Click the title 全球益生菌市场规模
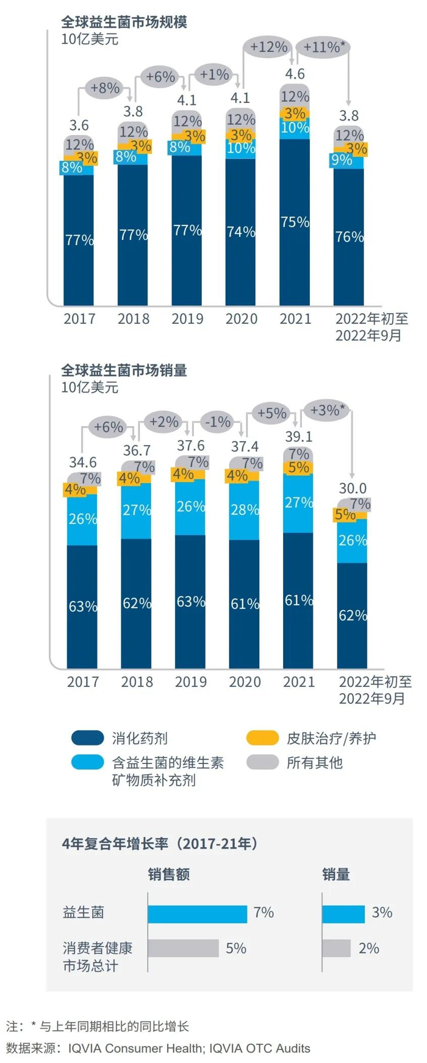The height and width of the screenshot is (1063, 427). pyautogui.click(x=124, y=22)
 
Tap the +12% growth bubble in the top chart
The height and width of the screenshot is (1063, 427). pyautogui.click(x=268, y=47)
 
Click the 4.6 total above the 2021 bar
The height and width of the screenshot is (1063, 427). pyautogui.click(x=295, y=74)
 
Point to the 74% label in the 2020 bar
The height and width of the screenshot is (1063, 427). pyautogui.click(x=241, y=232)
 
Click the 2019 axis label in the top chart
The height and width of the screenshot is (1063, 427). pyautogui.click(x=187, y=319)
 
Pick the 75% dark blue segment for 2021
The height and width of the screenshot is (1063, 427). pyautogui.click(x=295, y=222)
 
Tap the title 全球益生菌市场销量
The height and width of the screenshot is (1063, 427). pyautogui.click(x=124, y=370)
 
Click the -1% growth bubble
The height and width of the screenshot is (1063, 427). pyautogui.click(x=218, y=422)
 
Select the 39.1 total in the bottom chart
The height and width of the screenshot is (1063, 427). pyautogui.click(x=298, y=436)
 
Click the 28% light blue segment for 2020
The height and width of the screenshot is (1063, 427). pyautogui.click(x=245, y=510)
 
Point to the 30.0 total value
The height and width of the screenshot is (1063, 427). pyautogui.click(x=353, y=488)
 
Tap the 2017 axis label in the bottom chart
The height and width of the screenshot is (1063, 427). pyautogui.click(x=83, y=681)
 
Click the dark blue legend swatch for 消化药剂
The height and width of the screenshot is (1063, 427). pyautogui.click(x=87, y=738)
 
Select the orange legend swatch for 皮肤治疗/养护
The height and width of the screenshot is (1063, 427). pyautogui.click(x=262, y=738)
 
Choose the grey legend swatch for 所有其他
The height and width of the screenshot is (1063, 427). pyautogui.click(x=262, y=762)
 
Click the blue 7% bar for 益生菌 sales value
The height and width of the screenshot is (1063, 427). pyautogui.click(x=197, y=913)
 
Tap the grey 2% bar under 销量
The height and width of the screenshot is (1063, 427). pyautogui.click(x=336, y=948)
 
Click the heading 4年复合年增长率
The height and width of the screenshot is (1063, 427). pyautogui.click(x=160, y=844)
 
